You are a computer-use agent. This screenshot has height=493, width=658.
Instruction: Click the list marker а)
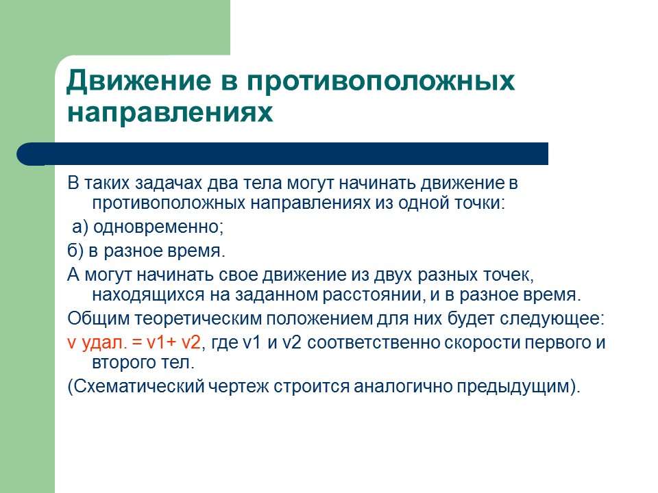pos(81,227)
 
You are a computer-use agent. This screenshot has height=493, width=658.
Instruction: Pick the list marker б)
pos(75,251)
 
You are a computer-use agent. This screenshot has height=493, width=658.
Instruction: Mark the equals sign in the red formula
pos(134,342)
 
